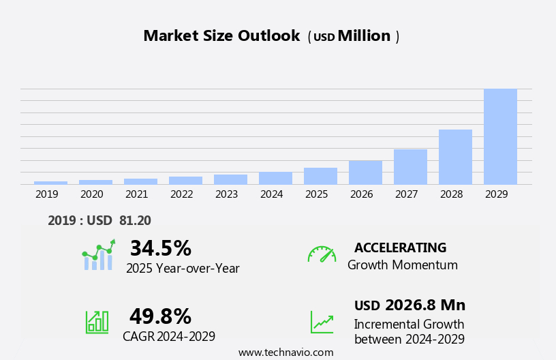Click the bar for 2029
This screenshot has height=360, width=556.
click(500, 136)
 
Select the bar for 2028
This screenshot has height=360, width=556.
click(455, 157)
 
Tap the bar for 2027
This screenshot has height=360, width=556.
click(410, 166)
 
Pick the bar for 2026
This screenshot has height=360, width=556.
click(365, 172)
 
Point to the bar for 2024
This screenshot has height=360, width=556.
click(275, 178)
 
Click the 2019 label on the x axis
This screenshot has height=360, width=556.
click(47, 194)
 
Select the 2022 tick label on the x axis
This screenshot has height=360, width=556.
click(182, 194)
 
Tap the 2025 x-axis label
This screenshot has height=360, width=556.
click(317, 194)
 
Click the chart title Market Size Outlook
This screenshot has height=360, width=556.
click(221, 36)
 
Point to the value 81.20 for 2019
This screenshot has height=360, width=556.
click(134, 220)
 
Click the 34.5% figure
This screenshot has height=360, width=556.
click(160, 248)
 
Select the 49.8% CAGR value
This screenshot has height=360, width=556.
click(160, 316)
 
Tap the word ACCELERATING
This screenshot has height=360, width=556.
click(400, 247)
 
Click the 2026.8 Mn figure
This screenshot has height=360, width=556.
click(424, 305)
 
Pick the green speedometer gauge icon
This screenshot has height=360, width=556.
click(322, 254)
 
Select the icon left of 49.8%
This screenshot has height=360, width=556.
click(97, 321)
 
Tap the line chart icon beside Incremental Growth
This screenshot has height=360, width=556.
click(322, 322)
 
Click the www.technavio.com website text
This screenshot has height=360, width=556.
click(285, 352)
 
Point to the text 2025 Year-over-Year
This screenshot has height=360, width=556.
click(183, 269)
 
